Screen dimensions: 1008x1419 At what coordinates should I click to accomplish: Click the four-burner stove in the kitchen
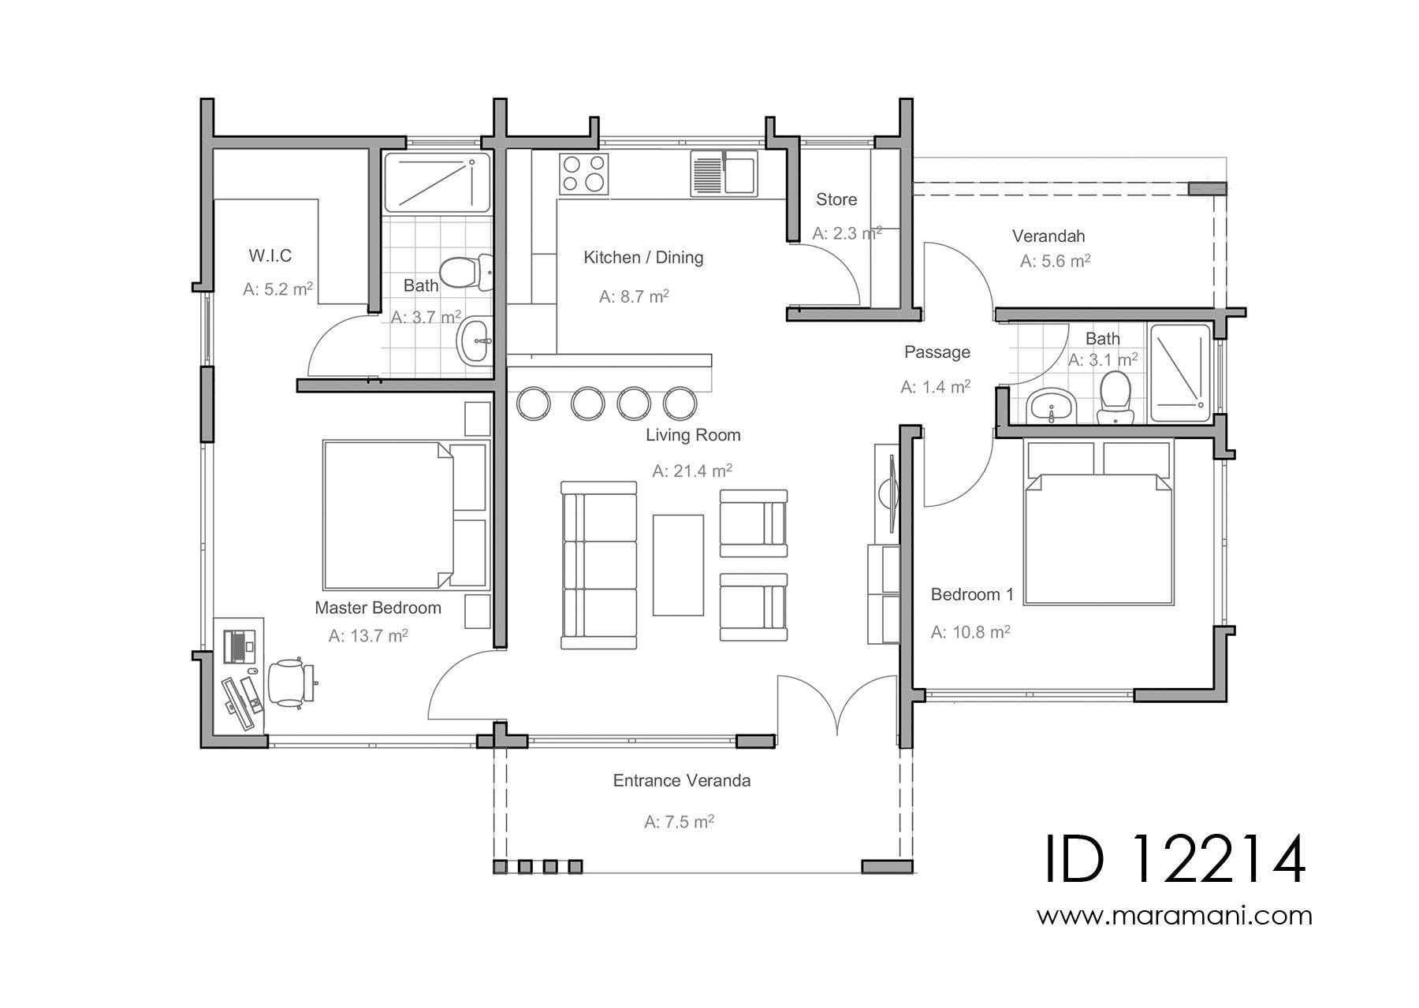584,174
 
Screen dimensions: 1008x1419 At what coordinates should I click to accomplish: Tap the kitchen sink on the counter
724,173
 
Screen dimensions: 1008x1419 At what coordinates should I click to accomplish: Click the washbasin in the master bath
475,341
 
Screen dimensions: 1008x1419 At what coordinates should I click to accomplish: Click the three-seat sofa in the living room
599,565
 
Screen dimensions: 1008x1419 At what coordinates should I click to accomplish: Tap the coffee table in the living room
678,564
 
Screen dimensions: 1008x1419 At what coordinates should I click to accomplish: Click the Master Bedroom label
378,608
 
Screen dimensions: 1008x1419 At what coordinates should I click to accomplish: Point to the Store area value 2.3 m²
847,233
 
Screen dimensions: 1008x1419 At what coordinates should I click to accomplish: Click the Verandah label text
1048,236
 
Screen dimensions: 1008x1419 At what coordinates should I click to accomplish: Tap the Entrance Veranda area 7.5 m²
679,822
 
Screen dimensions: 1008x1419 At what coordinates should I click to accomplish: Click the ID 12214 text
1175,861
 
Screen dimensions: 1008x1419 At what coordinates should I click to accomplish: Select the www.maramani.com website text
1174,916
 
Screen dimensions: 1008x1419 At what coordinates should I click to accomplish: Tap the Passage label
937,352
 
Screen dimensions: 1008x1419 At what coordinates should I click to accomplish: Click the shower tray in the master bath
437,183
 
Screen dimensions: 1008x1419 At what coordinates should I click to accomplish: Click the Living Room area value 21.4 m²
692,471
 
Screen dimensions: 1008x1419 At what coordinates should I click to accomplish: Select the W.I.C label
270,255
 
